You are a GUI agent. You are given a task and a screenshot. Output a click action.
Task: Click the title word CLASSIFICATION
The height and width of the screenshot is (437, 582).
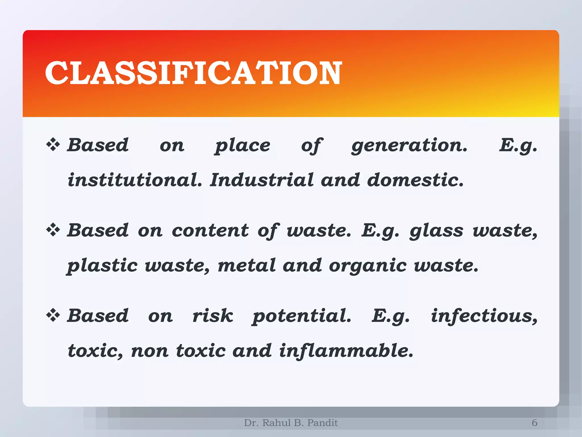click(x=193, y=73)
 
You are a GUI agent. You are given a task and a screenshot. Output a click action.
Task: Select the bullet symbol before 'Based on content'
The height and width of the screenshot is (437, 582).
click(x=53, y=230)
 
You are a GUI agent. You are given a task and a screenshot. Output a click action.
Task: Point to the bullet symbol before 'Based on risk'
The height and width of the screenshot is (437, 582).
click(x=53, y=315)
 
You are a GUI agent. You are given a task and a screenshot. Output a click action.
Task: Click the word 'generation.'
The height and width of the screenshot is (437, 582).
click(x=409, y=146)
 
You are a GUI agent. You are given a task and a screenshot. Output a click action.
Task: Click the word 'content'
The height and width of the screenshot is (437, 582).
click(x=210, y=230)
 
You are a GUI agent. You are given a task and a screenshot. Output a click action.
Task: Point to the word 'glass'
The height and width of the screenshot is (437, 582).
click(x=436, y=231)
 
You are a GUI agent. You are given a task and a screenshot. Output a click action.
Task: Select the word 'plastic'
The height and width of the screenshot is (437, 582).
click(x=102, y=266)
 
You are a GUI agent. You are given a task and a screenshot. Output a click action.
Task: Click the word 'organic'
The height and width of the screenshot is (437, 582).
click(x=368, y=266)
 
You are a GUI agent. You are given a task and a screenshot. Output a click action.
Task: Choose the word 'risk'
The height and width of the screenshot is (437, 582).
click(x=213, y=316)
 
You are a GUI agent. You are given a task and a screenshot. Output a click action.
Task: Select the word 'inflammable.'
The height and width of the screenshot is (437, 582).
click(x=346, y=351)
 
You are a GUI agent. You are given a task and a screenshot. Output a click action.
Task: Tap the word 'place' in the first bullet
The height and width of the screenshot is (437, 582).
click(x=242, y=146)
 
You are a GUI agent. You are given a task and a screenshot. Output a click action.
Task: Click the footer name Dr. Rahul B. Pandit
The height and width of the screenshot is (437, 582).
click(x=291, y=423)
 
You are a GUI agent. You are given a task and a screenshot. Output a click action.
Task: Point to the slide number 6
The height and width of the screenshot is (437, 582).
click(x=535, y=423)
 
